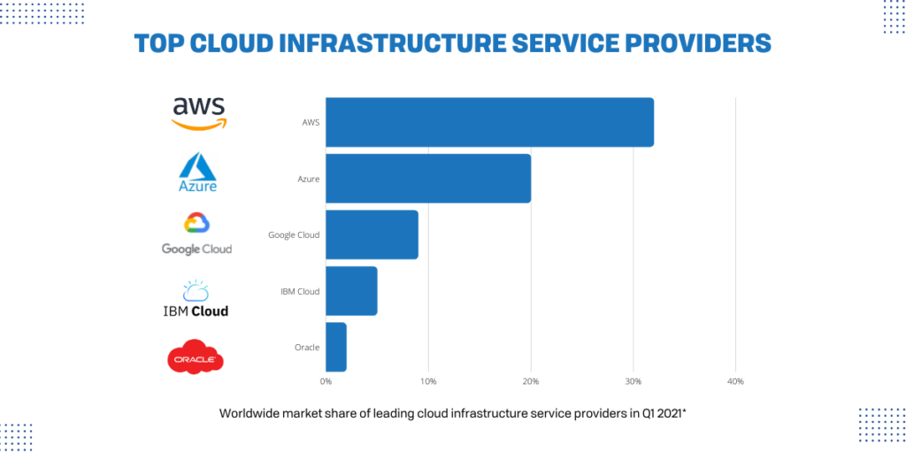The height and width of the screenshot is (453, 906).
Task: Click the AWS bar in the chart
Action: coord(489,122)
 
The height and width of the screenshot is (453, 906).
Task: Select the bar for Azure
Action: coord(428,179)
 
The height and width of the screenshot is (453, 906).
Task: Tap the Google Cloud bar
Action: coord(372,234)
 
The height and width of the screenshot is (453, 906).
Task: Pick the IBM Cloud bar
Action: coord(351,291)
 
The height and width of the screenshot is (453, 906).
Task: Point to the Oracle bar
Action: coord(336,347)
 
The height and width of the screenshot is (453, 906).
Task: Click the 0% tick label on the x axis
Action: coord(326,381)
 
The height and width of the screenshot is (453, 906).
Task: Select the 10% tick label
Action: coord(428,381)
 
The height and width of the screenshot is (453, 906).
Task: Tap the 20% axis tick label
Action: coord(531,381)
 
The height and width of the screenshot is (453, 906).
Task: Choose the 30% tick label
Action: coord(633,381)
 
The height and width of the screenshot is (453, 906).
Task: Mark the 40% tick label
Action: coord(735,381)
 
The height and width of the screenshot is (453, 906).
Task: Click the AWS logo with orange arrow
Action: coord(199,112)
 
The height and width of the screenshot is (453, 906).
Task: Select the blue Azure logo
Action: coord(197,173)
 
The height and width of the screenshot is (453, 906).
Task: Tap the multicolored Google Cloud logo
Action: coord(196,234)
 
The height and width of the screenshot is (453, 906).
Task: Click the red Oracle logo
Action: coord(196,357)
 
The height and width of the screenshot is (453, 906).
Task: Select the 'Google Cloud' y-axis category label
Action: coord(294,235)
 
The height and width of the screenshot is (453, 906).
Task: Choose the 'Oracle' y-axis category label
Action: coord(306,348)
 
